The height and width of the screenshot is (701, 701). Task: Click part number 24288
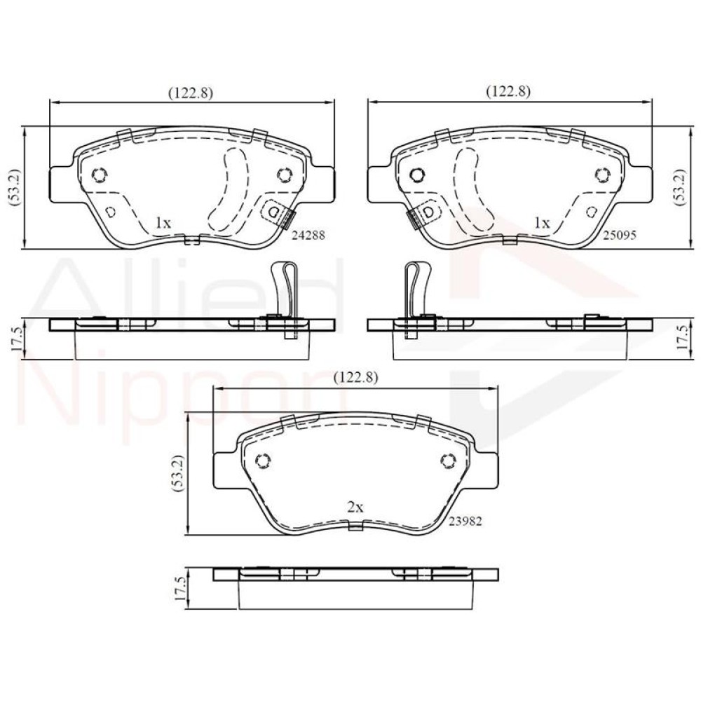click(x=308, y=235)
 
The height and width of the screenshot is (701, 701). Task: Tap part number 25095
click(x=619, y=235)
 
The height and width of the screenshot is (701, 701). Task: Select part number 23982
click(x=465, y=522)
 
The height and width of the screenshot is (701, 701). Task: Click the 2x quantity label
click(x=355, y=507)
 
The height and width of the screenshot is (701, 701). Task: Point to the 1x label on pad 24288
click(x=163, y=222)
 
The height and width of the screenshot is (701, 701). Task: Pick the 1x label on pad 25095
click(x=542, y=222)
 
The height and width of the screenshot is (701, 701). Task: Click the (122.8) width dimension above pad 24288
click(x=191, y=92)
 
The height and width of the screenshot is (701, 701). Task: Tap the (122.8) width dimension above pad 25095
click(x=508, y=91)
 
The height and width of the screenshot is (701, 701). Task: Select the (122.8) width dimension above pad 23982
click(x=356, y=377)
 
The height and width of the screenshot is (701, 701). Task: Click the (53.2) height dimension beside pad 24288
click(x=14, y=187)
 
